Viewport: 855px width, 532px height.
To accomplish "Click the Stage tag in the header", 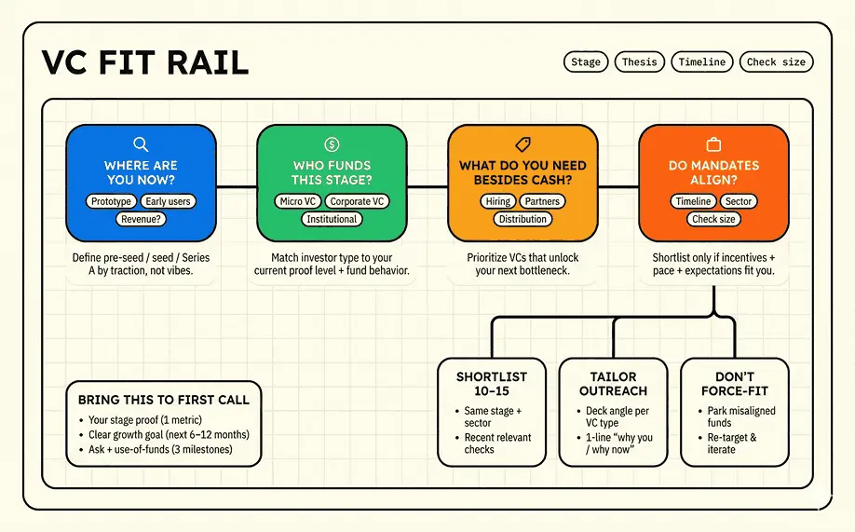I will (x=586, y=62).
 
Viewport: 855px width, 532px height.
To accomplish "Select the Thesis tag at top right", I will (x=639, y=62).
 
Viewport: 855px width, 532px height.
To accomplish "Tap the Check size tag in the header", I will (x=777, y=62).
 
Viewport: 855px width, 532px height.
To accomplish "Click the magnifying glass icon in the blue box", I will (x=141, y=144).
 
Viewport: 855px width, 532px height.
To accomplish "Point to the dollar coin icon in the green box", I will (x=332, y=144).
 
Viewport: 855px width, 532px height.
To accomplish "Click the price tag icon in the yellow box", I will (x=522, y=144).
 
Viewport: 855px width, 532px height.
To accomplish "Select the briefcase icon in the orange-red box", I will (x=713, y=144).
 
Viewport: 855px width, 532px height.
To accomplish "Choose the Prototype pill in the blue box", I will (x=111, y=201).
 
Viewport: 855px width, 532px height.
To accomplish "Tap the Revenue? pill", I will (x=141, y=219).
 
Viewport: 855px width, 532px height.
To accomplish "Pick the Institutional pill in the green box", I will (x=332, y=219).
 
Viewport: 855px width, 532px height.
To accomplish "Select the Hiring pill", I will (x=498, y=201).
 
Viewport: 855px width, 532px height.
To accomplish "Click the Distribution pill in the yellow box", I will (x=522, y=219).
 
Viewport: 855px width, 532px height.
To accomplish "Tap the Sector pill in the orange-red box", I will (x=739, y=201).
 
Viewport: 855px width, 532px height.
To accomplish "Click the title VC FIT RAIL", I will (x=145, y=63).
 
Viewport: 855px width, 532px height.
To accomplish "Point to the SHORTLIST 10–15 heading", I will (x=492, y=384).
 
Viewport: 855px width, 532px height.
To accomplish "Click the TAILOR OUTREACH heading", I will (x=613, y=384).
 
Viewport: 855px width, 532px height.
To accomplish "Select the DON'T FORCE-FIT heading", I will (x=734, y=384).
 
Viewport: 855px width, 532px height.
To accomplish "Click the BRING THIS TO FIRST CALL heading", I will (x=164, y=400).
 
